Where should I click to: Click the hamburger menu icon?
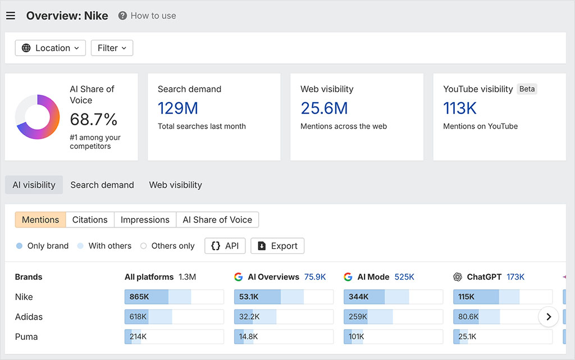point(11,16)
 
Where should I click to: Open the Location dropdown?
point(51,48)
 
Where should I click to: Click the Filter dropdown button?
point(112,48)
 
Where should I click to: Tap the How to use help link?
point(147,16)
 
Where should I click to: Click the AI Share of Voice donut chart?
point(38,117)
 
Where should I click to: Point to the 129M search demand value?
point(177,108)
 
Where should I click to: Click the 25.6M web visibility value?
point(324,108)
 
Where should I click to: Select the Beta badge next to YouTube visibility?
point(527,89)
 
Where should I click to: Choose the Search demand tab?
point(102,185)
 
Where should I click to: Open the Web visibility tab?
point(175,185)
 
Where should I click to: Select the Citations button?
point(90,220)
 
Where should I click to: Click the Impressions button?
point(145,220)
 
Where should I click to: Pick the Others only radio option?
point(143,246)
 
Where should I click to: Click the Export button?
point(277,246)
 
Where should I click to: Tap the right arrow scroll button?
point(549,317)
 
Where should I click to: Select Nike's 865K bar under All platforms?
point(174,297)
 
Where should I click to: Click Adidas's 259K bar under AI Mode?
point(393,317)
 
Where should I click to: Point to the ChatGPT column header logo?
point(458,277)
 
